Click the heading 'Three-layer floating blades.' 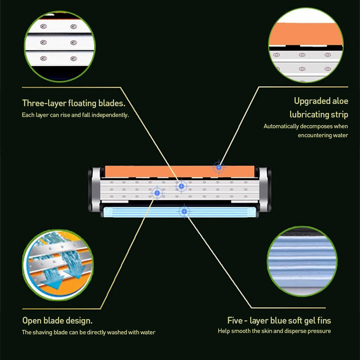(x=74, y=103)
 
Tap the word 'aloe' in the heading (x=339, y=101)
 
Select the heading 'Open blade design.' (x=58, y=320)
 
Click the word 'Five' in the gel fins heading (x=235, y=320)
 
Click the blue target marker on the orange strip (x=219, y=167)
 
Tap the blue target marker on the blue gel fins (x=184, y=211)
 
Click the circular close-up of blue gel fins (x=302, y=261)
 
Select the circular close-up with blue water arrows (x=58, y=265)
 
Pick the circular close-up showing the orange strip (x=306, y=45)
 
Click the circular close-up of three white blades (x=60, y=46)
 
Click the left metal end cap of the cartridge (x=94, y=189)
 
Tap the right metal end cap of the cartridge (x=265, y=189)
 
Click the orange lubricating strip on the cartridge (x=180, y=171)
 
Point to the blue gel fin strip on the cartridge (x=180, y=212)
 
